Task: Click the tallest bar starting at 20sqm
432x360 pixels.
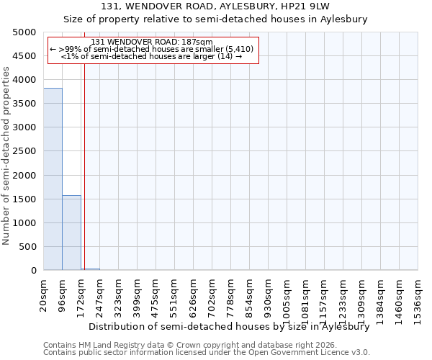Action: pos(53,179)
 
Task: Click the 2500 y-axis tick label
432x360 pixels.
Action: pos(24,152)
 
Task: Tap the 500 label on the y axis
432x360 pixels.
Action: pos(27,247)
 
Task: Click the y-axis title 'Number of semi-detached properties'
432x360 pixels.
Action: pos(6,156)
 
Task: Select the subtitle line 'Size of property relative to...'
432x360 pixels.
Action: pos(215,19)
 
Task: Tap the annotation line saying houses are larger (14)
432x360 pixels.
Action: pos(151,56)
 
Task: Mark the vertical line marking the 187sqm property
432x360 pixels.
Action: pos(84,180)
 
